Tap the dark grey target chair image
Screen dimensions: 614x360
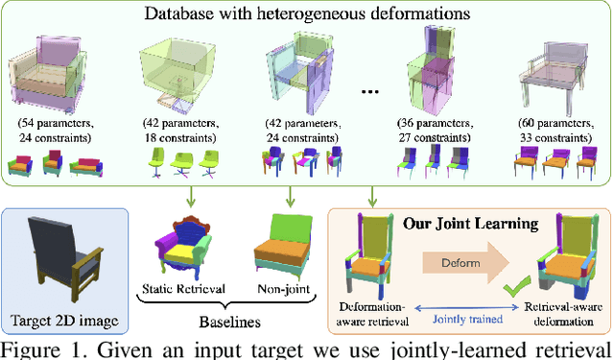(64, 253)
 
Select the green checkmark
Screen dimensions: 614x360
(518, 283)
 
